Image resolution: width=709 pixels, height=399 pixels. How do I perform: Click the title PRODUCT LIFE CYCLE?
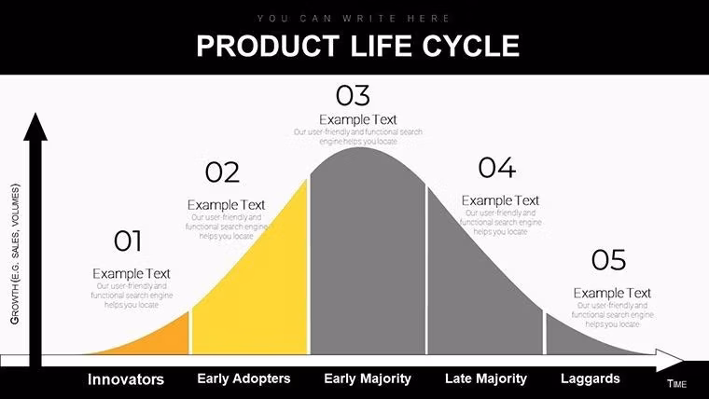(357, 46)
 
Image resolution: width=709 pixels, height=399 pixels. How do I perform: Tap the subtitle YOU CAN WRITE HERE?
(354, 18)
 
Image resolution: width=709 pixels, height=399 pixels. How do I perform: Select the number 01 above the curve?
(128, 241)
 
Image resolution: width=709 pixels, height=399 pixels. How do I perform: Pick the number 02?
(223, 172)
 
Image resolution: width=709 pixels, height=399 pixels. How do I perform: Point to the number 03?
(353, 95)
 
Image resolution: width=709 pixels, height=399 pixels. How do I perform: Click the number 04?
(496, 168)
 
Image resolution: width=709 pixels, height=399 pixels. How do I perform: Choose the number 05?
(608, 260)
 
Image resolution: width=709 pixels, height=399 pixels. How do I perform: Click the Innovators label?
(126, 379)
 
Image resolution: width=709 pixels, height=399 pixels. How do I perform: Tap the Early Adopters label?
(243, 378)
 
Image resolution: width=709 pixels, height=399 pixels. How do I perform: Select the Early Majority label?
(368, 378)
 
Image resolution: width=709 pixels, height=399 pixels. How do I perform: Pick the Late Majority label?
(486, 378)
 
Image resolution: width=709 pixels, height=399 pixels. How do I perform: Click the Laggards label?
(590, 378)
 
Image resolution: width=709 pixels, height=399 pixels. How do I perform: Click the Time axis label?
(676, 384)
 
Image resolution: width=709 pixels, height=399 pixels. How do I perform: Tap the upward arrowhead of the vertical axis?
(35, 126)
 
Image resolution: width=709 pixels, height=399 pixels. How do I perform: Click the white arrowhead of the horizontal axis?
(670, 360)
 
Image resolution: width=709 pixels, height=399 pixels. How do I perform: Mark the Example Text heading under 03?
(357, 119)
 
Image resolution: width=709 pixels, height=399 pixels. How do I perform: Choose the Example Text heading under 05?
(612, 293)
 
